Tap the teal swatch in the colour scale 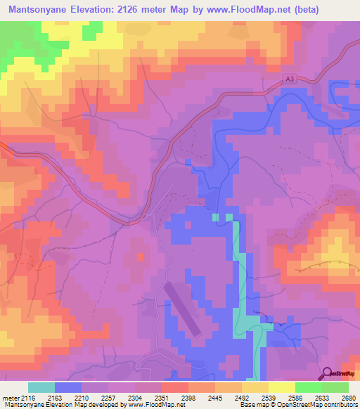(x=41, y=387)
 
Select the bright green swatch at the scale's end (x=335, y=387)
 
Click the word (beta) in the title (x=283, y=10)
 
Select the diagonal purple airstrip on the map (x=183, y=309)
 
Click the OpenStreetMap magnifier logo (x=327, y=372)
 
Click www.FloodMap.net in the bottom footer (x=151, y=405)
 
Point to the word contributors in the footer (x=340, y=405)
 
